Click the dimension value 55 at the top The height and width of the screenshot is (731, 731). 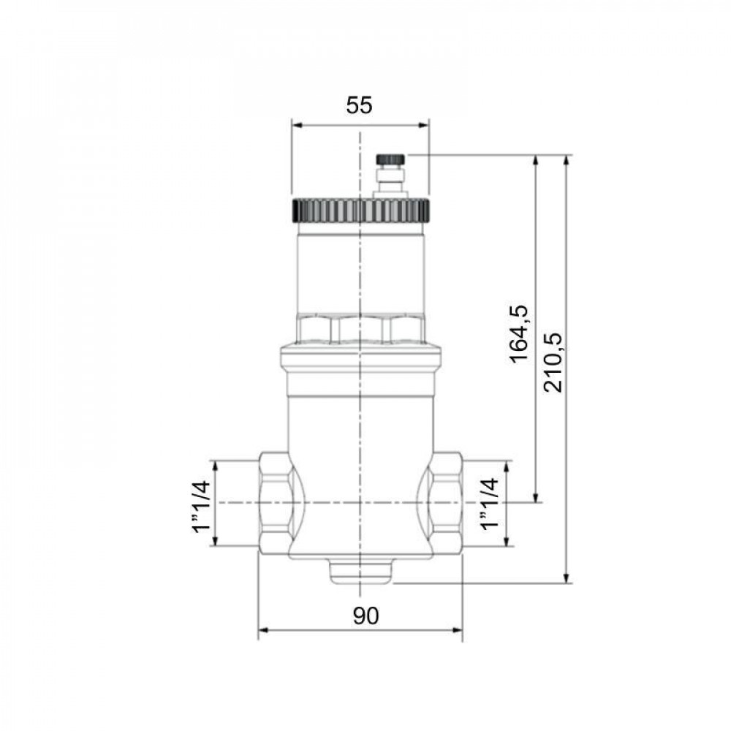[x=359, y=106]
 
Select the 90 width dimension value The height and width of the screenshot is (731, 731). [x=366, y=617]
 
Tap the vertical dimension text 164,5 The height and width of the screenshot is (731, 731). [x=519, y=333]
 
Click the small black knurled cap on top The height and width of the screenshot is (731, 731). [x=390, y=159]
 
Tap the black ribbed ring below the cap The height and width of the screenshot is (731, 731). [x=359, y=211]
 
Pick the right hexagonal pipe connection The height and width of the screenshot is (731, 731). [x=445, y=504]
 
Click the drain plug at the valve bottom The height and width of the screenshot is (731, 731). [x=360, y=572]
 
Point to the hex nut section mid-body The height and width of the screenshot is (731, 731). [x=360, y=329]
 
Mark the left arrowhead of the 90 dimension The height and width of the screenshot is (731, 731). [x=263, y=629]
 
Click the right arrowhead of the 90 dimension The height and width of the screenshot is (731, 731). [x=458, y=629]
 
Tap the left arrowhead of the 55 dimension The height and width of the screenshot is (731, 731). [x=296, y=124]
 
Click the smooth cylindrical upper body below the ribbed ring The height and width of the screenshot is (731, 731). [x=360, y=270]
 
